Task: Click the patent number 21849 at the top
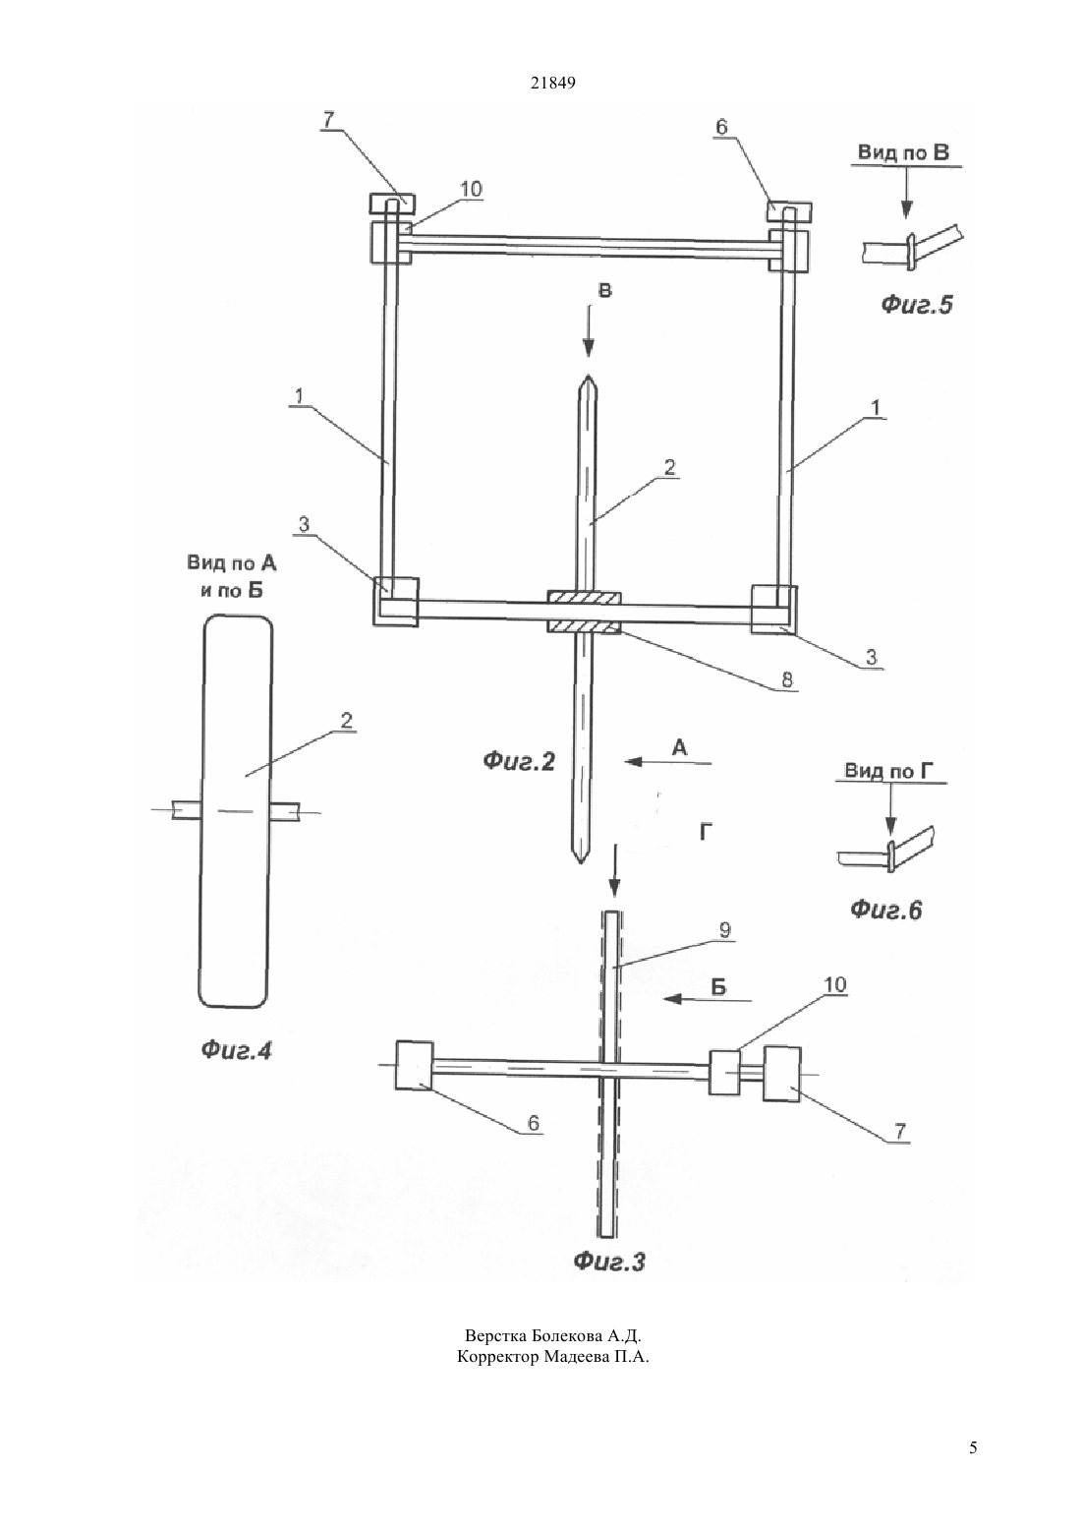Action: pyautogui.click(x=552, y=83)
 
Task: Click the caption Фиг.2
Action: pyautogui.click(x=519, y=761)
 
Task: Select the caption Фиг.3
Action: pyautogui.click(x=608, y=1261)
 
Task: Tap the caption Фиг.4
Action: pyautogui.click(x=236, y=1050)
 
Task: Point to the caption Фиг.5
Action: pyautogui.click(x=917, y=304)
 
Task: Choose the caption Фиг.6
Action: pyautogui.click(x=885, y=910)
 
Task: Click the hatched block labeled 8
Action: pyautogui.click(x=584, y=612)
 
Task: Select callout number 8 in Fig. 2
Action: pyautogui.click(x=787, y=679)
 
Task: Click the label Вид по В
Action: pyautogui.click(x=903, y=152)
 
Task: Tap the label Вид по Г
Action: pyautogui.click(x=888, y=771)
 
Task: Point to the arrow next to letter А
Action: pyautogui.click(x=668, y=762)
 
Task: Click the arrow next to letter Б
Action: pyautogui.click(x=708, y=999)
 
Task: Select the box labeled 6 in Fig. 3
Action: pyautogui.click(x=414, y=1065)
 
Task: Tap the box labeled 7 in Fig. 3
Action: pyautogui.click(x=782, y=1074)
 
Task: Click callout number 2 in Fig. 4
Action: pyautogui.click(x=346, y=721)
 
